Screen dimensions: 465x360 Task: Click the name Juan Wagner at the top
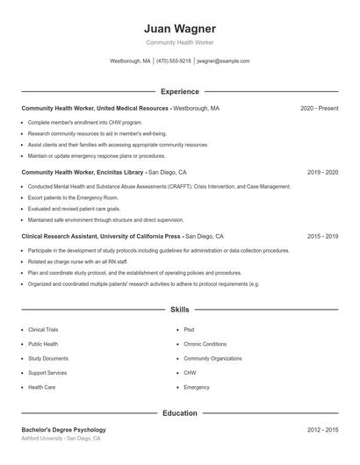click(179, 28)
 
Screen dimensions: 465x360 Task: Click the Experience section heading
click(179, 91)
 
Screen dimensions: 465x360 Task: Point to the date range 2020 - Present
click(319, 108)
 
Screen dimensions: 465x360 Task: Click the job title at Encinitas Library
click(83, 173)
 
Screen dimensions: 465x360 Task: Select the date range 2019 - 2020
click(322, 173)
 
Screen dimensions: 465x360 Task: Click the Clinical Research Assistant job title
click(101, 236)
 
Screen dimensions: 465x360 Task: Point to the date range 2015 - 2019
click(322, 236)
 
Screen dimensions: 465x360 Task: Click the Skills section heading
click(179, 310)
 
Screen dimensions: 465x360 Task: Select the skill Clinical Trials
click(43, 330)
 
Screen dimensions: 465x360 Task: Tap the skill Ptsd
click(189, 330)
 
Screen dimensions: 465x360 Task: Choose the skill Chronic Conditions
click(205, 344)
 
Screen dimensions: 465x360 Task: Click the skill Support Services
click(47, 373)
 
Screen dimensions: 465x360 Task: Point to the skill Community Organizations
click(212, 358)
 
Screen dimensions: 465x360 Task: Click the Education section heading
click(179, 412)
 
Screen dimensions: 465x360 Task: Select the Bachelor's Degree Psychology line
click(63, 430)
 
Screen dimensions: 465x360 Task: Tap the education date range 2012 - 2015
click(322, 430)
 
